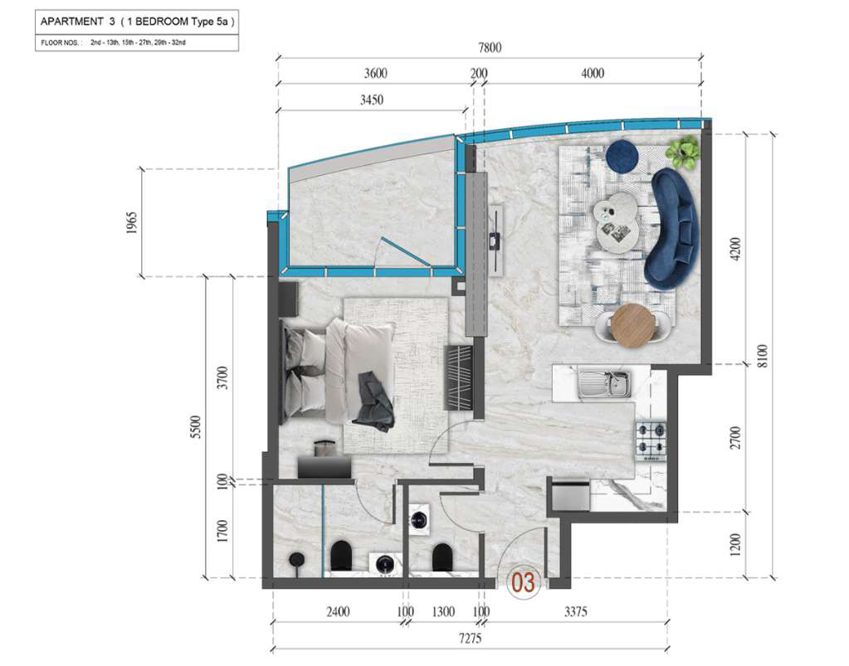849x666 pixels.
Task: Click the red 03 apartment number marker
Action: click(x=524, y=583)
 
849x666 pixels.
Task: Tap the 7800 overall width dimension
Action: click(x=490, y=47)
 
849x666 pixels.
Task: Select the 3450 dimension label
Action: click(x=372, y=100)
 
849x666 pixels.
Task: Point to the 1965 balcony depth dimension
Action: click(x=132, y=223)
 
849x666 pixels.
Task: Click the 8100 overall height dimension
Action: click(x=762, y=356)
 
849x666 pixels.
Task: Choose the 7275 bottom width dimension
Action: click(x=470, y=639)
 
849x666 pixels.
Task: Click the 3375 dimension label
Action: click(x=576, y=612)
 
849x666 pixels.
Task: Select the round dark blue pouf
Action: click(x=622, y=155)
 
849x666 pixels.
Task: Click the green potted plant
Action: click(x=683, y=152)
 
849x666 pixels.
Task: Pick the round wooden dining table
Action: click(x=632, y=323)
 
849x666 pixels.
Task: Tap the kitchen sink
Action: click(x=603, y=383)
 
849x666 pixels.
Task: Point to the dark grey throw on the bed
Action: click(x=374, y=401)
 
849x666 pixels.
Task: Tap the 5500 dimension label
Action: click(x=196, y=427)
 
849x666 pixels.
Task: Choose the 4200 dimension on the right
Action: click(x=735, y=249)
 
